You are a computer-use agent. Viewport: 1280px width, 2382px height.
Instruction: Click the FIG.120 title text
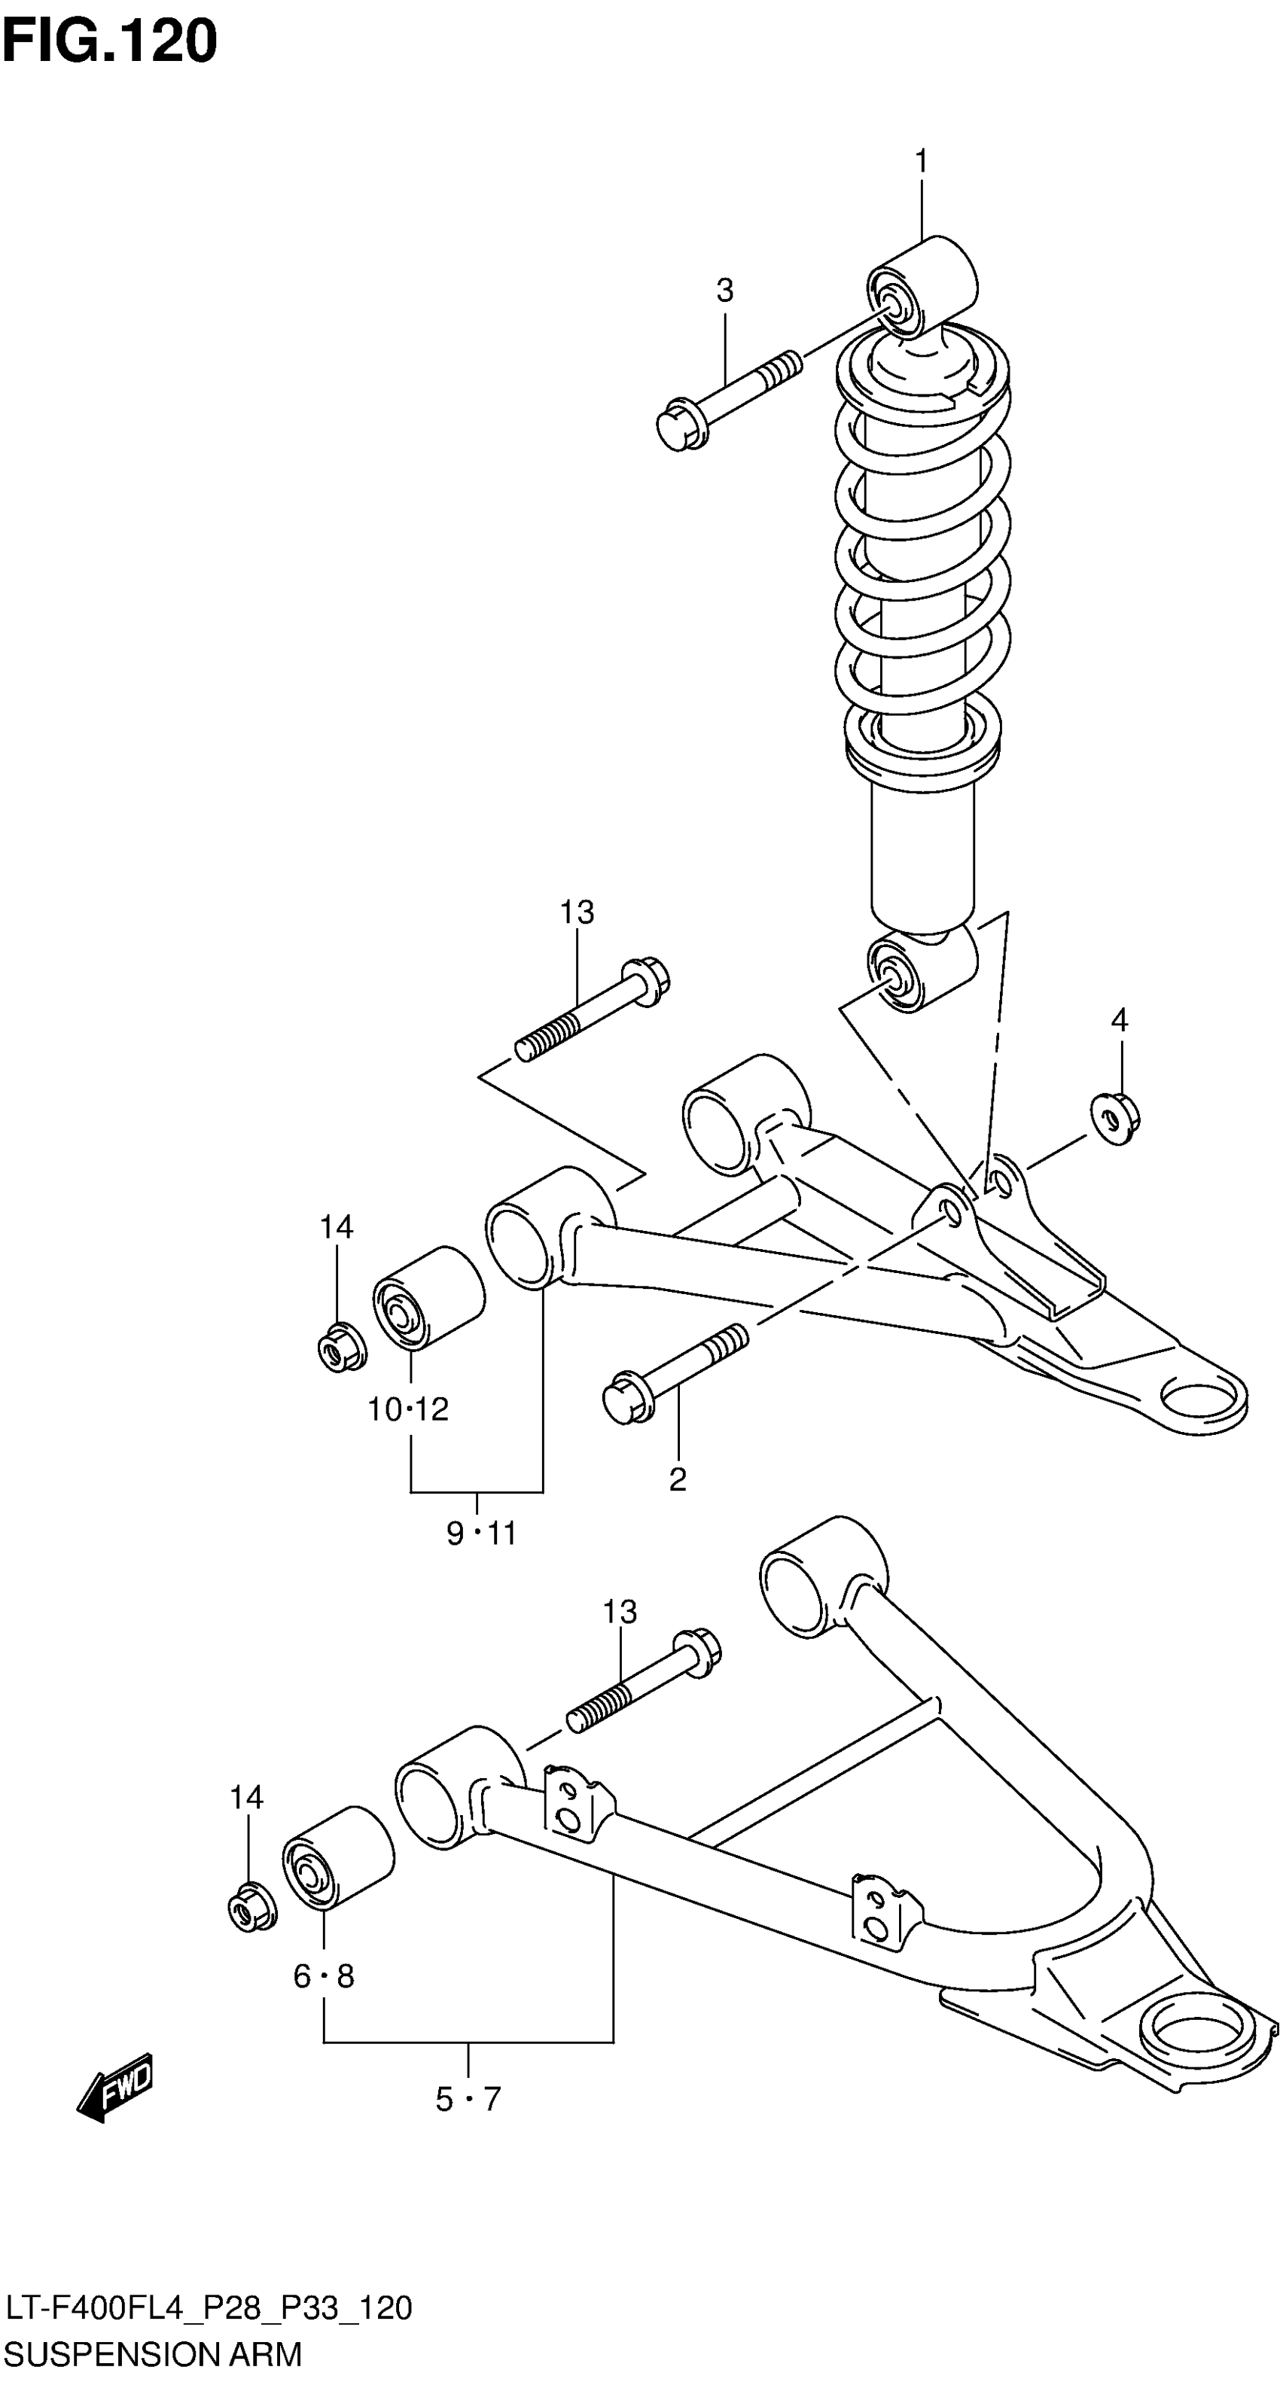click(x=109, y=41)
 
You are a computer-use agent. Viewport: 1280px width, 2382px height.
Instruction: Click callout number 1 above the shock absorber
click(x=921, y=162)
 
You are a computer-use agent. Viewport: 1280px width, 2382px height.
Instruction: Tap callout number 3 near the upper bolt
click(x=725, y=291)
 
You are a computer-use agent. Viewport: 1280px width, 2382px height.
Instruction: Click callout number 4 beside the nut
click(x=1119, y=1021)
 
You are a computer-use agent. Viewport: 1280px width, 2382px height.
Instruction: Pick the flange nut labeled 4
click(x=1114, y=1119)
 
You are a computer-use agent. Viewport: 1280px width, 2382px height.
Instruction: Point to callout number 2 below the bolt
click(x=678, y=1480)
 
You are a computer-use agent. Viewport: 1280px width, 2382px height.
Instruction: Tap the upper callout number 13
click(x=576, y=912)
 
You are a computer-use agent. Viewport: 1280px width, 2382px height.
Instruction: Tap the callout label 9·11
click(x=481, y=1534)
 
